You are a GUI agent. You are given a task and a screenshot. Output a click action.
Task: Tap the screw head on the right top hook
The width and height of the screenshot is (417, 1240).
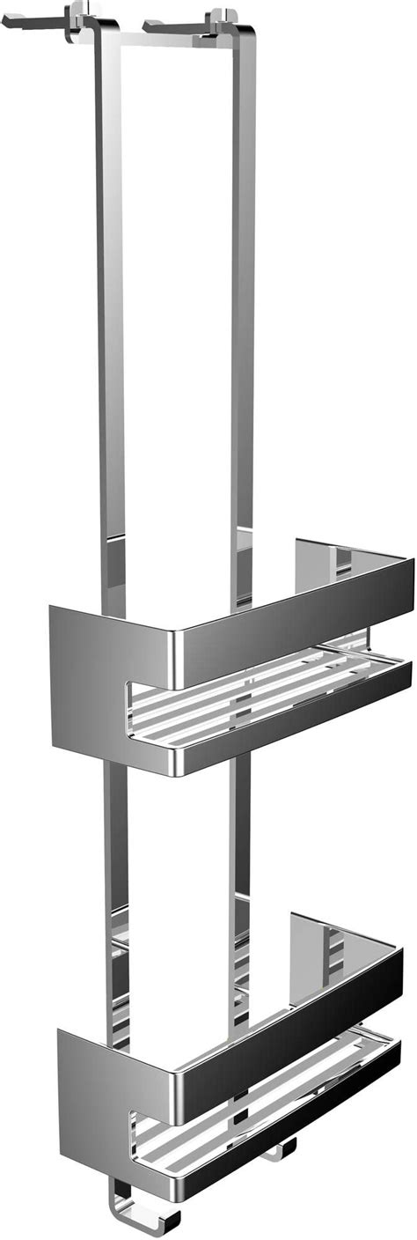220,17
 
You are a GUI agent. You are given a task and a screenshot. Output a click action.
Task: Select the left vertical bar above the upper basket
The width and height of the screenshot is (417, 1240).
110,308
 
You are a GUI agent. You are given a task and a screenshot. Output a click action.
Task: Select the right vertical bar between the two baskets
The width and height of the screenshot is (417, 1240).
239,845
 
